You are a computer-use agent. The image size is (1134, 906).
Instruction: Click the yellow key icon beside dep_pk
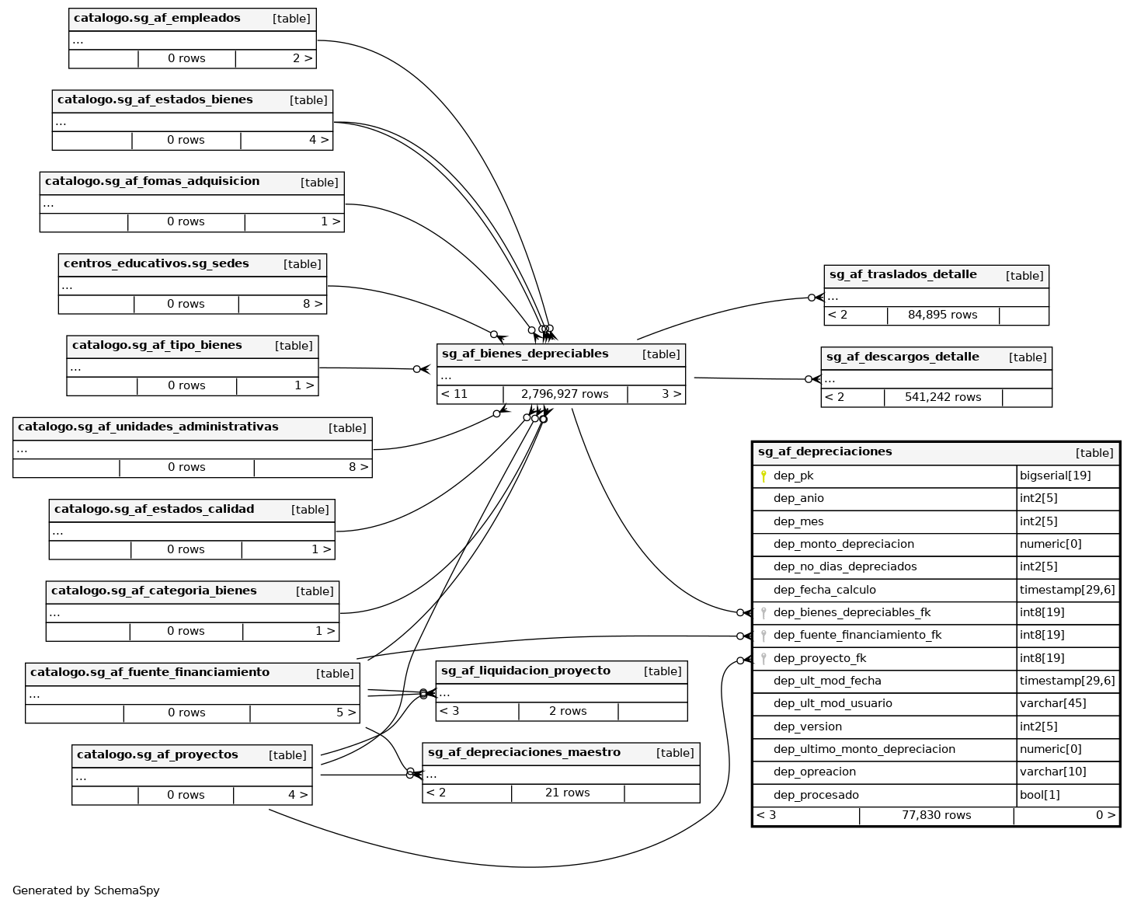click(764, 476)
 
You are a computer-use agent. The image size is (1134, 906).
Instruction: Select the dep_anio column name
click(798, 498)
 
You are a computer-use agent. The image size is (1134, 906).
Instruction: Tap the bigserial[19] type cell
click(1055, 476)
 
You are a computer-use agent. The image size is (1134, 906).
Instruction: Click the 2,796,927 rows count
click(565, 394)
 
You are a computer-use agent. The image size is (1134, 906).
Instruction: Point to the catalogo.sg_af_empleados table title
click(157, 18)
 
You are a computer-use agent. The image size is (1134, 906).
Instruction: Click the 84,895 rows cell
click(942, 315)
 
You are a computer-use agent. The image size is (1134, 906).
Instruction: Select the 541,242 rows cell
click(942, 397)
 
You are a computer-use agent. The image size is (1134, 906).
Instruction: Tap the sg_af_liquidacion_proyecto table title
click(525, 671)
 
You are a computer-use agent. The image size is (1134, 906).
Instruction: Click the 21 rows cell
click(567, 793)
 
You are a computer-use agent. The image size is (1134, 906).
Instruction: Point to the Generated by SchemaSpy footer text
click(86, 890)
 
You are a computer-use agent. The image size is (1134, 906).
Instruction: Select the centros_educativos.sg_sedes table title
click(156, 263)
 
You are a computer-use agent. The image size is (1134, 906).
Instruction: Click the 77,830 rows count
click(936, 815)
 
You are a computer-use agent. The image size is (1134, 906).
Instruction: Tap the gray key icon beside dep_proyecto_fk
click(764, 659)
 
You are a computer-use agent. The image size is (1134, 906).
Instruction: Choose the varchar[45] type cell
click(1052, 703)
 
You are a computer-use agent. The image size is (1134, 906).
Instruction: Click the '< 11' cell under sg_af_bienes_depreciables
click(454, 394)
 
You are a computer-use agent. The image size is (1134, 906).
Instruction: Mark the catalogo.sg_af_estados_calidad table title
click(154, 509)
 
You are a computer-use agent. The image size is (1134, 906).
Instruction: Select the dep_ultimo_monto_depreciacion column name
click(864, 749)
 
